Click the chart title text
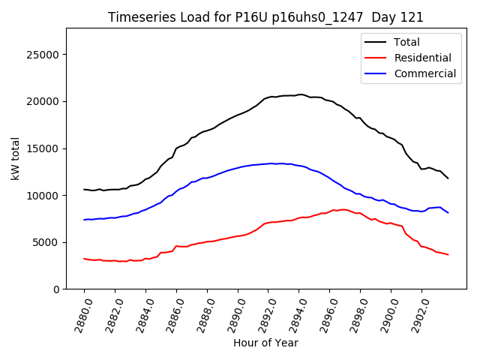(x=265, y=17)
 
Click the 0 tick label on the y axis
(x=57, y=289)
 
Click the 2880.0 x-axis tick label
(x=78, y=313)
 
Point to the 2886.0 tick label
(x=170, y=313)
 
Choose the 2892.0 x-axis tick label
(x=262, y=313)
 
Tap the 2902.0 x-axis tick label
(x=415, y=313)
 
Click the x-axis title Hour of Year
(x=265, y=343)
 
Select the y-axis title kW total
(x=15, y=159)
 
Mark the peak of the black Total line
(x=300, y=94)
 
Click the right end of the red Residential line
(x=448, y=255)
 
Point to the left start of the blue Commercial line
(x=84, y=220)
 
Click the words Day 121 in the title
(x=400, y=17)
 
